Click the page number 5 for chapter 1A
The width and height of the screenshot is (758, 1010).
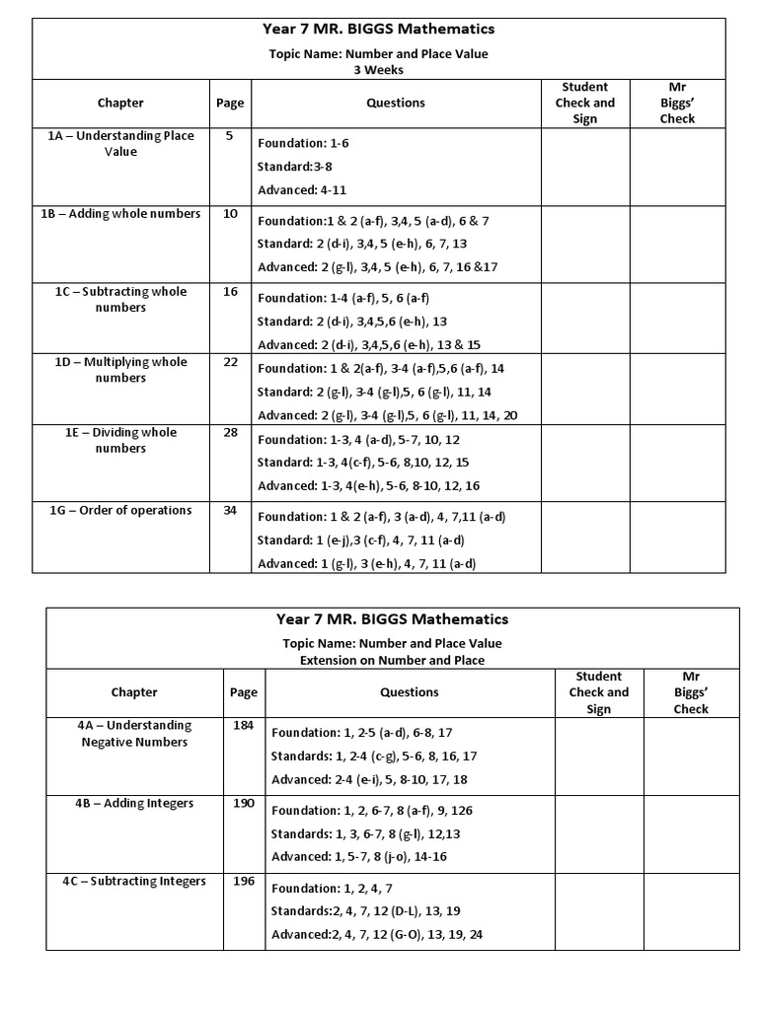coord(229,136)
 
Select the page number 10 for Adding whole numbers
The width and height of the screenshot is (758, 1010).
coord(230,214)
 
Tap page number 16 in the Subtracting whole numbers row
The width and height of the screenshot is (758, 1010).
coord(230,292)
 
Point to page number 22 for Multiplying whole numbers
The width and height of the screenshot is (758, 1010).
coord(230,362)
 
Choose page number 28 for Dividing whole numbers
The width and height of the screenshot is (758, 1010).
coord(230,433)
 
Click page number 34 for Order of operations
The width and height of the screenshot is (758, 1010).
coord(230,511)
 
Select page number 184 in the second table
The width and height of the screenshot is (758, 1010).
coord(243,726)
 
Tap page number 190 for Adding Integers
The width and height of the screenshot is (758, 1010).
coord(243,804)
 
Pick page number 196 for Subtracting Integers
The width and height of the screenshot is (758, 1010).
coord(243,882)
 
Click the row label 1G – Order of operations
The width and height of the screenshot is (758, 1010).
coord(120,511)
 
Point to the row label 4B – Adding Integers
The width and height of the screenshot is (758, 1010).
coord(133,804)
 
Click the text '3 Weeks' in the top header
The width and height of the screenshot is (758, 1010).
coord(378,70)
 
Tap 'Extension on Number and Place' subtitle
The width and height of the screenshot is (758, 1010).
coord(392,660)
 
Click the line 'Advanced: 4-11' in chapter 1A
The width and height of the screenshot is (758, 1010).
coord(302,190)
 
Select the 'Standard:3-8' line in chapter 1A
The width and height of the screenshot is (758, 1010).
coord(294,167)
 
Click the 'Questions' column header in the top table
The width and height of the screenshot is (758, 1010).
coord(396,103)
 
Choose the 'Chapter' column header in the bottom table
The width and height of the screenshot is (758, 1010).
coord(134,692)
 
